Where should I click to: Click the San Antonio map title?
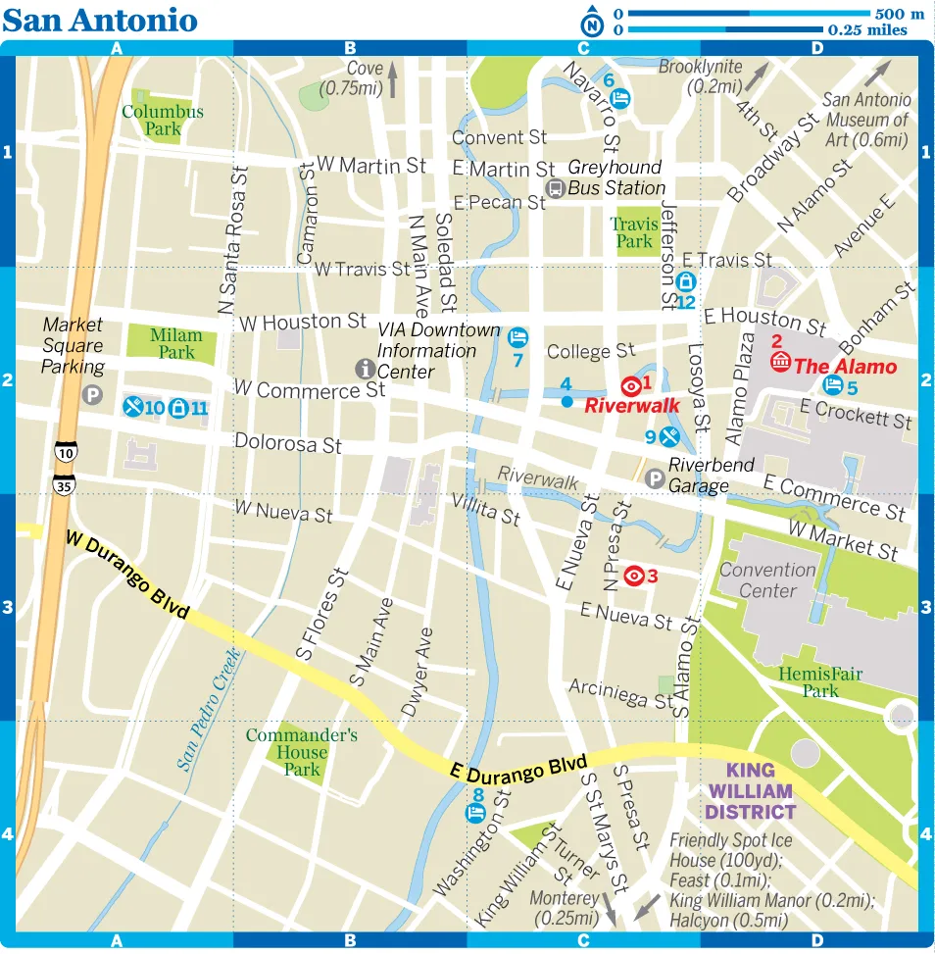pos(100,20)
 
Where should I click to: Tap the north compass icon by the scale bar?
pos(592,23)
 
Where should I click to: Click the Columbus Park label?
pos(163,120)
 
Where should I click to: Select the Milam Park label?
pos(176,343)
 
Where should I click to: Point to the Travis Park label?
pos(634,232)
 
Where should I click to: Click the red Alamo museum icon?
pos(781,362)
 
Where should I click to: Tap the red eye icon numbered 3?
pos(634,576)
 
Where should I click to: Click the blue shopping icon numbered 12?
pos(686,282)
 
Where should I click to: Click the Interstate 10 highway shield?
pos(65,452)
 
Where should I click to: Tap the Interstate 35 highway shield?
pos(65,484)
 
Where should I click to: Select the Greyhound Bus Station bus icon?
pos(555,188)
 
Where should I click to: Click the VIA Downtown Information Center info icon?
pos(365,369)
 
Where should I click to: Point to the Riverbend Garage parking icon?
pos(655,477)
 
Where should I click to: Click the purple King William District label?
pos(750,791)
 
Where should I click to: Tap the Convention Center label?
pos(767,580)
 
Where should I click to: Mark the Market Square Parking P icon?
pos(91,395)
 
